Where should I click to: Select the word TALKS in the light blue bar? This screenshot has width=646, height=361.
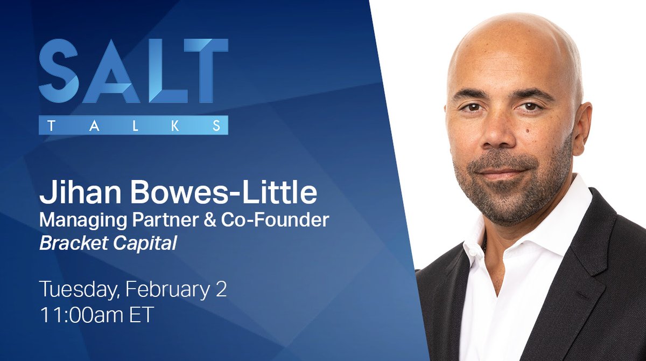point(134,126)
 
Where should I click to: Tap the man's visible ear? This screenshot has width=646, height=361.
point(582,127)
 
